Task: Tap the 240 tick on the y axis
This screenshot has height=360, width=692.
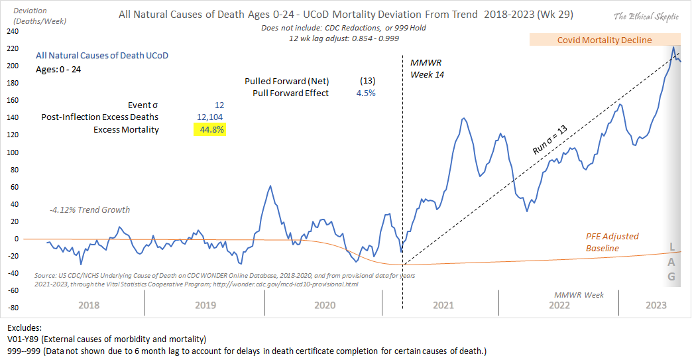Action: tap(11, 31)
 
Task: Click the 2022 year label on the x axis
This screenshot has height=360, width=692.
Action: tap(559, 305)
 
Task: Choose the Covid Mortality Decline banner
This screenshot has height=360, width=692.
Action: tap(604, 40)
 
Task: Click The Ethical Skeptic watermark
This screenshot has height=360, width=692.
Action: tap(648, 17)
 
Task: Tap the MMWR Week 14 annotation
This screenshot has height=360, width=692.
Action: tap(426, 68)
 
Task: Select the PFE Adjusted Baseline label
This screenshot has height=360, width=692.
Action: tap(612, 242)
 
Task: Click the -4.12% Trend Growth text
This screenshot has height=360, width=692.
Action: tap(89, 210)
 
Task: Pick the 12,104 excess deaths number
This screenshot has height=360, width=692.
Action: tap(211, 117)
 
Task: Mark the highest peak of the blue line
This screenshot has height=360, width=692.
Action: tap(673, 47)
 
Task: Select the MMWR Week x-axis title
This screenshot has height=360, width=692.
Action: tap(579, 294)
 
